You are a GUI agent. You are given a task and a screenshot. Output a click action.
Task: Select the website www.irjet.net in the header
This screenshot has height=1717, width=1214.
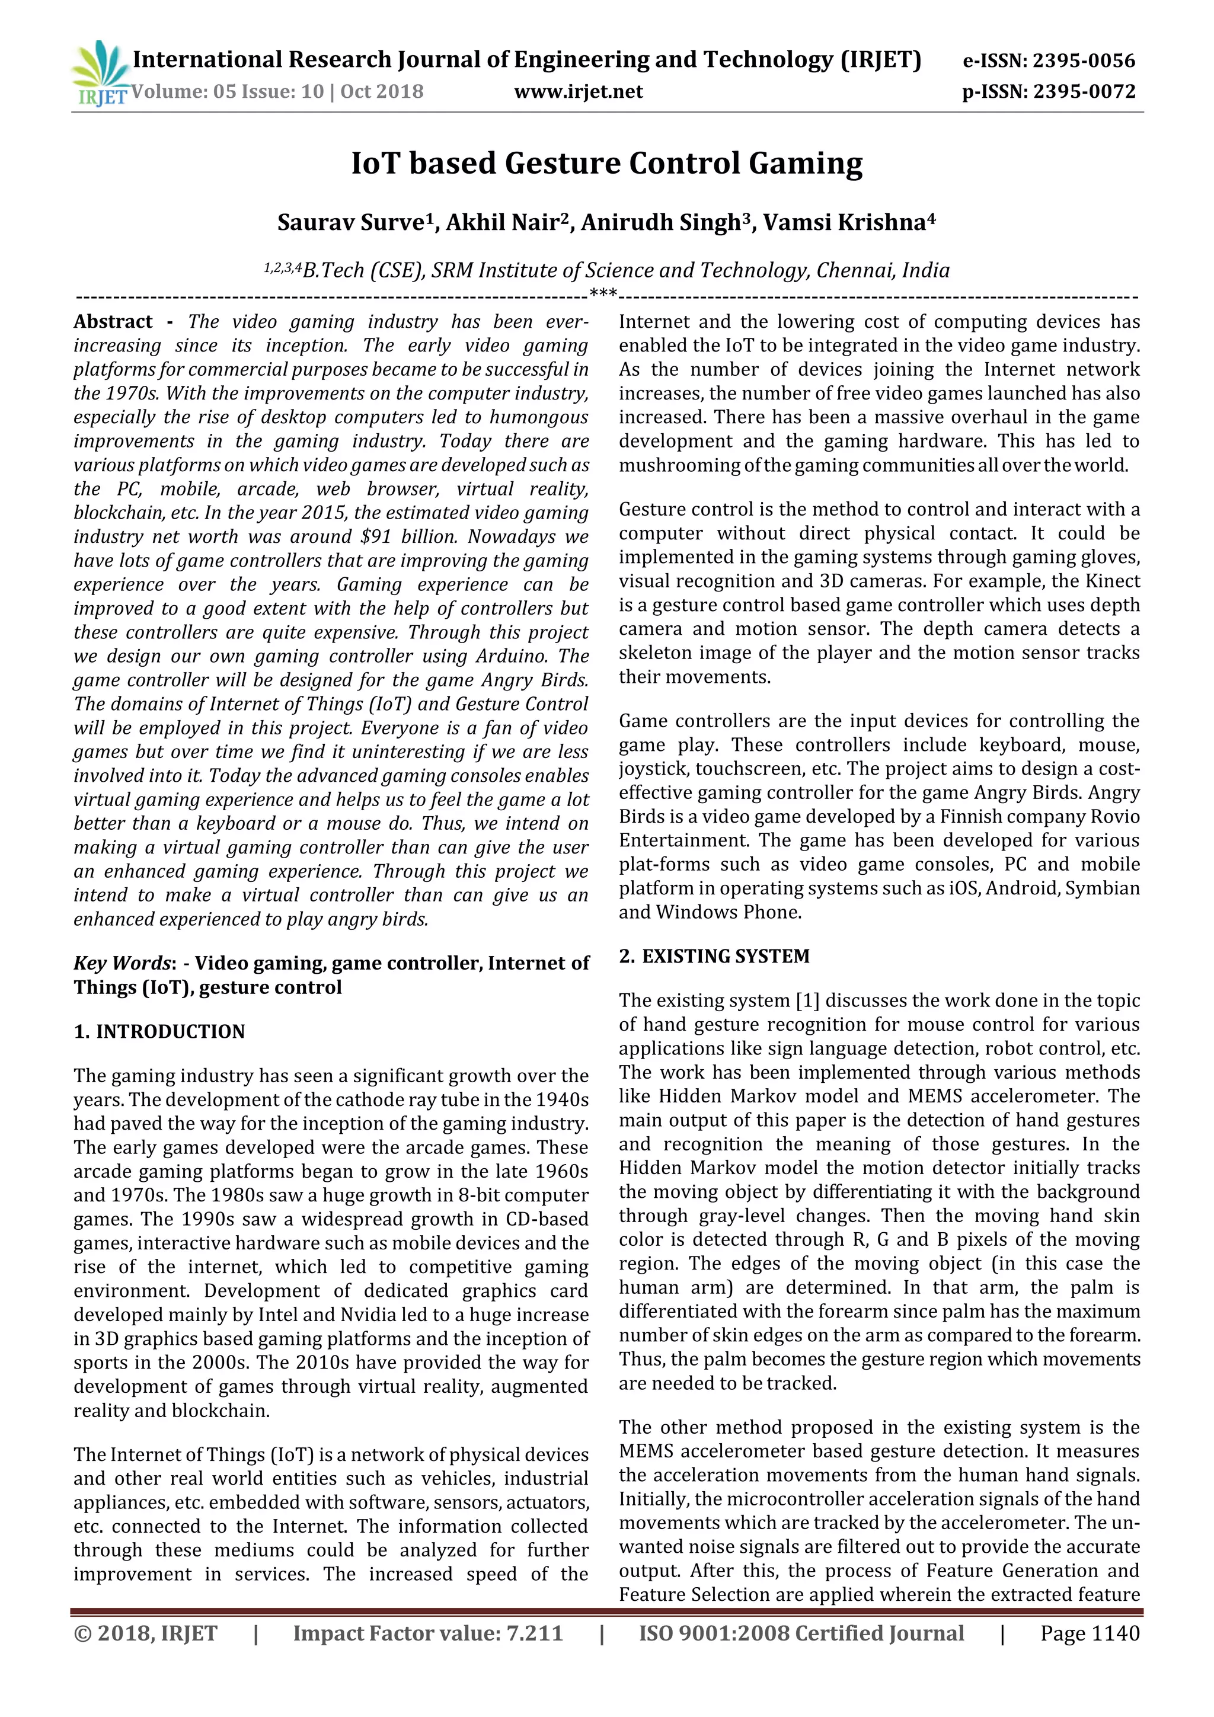578,91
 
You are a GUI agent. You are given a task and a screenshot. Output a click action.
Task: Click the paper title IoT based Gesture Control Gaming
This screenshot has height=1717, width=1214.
606,163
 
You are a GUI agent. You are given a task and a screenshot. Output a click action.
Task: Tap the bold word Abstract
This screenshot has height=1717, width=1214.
113,322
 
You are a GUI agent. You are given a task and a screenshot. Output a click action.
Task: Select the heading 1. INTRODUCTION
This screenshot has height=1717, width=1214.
159,1031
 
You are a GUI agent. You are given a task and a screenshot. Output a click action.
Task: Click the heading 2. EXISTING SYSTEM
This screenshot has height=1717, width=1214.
714,956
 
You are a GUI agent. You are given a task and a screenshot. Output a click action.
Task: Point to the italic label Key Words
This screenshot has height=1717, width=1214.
120,963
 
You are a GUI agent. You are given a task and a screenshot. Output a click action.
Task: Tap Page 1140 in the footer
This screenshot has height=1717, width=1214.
1090,1633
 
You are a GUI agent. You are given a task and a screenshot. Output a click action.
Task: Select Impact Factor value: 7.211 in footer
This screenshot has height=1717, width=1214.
427,1633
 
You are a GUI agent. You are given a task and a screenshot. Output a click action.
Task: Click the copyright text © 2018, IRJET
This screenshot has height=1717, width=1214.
145,1633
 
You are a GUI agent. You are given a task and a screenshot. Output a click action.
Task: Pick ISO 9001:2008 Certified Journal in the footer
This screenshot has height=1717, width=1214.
801,1633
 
